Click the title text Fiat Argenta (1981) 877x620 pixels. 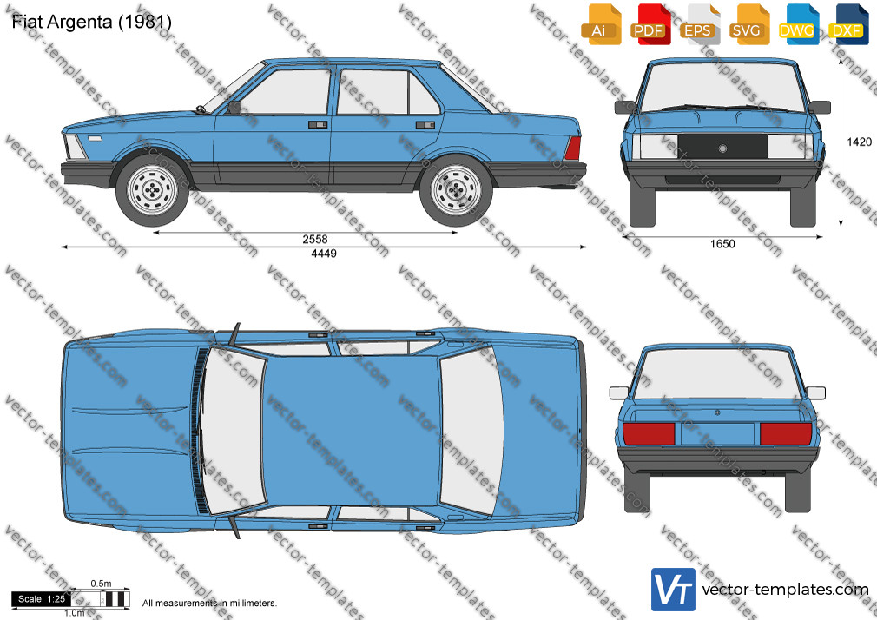pyautogui.click(x=92, y=22)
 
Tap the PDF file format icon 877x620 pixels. pyautogui.click(x=650, y=24)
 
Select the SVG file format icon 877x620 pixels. pyautogui.click(x=748, y=24)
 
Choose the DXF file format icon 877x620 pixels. pyautogui.click(x=848, y=24)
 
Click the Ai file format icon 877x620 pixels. pyautogui.click(x=601, y=24)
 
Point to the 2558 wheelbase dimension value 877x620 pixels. pyautogui.click(x=315, y=240)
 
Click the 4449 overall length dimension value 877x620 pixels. pyautogui.click(x=324, y=254)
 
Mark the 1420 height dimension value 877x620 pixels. pyautogui.click(x=859, y=142)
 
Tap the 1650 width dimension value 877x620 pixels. pyautogui.click(x=722, y=244)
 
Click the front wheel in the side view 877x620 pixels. pyautogui.click(x=152, y=189)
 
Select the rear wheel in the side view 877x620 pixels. pyautogui.click(x=457, y=189)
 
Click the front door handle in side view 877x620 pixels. pyautogui.click(x=318, y=124)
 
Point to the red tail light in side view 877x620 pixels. pyautogui.click(x=573, y=148)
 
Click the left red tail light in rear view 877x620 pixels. pyautogui.click(x=649, y=433)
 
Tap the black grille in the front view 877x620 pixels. pyautogui.click(x=722, y=147)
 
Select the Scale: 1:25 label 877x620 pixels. pyautogui.click(x=42, y=599)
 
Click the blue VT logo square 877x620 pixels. pyautogui.click(x=674, y=590)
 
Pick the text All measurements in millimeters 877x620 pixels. pyautogui.click(x=209, y=604)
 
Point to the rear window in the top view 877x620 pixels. pyautogui.click(x=471, y=430)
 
